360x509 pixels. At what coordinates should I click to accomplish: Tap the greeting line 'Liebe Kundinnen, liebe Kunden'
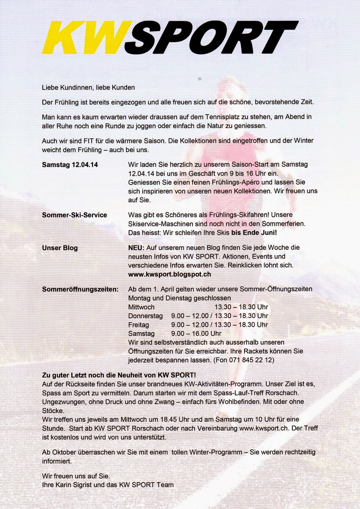coord(88,88)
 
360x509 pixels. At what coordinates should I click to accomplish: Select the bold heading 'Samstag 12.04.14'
coord(70,165)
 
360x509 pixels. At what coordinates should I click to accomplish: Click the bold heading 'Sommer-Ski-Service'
coord(74,215)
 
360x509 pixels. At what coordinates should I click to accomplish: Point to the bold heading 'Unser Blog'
coord(60,248)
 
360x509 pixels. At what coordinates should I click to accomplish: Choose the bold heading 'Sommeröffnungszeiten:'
coord(80,289)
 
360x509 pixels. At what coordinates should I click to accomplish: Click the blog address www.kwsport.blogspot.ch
coord(169,274)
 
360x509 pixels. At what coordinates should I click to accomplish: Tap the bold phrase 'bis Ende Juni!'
coord(254,233)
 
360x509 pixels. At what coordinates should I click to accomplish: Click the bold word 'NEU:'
coord(136,248)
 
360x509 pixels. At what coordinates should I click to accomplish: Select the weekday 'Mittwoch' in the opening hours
coord(141,307)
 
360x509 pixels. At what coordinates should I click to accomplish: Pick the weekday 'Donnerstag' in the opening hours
coord(145,316)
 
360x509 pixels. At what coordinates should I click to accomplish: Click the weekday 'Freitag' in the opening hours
coord(139,325)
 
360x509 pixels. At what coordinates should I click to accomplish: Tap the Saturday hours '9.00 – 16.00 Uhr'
coord(196,334)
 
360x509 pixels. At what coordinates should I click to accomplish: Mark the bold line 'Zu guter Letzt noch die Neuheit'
coord(119,375)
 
